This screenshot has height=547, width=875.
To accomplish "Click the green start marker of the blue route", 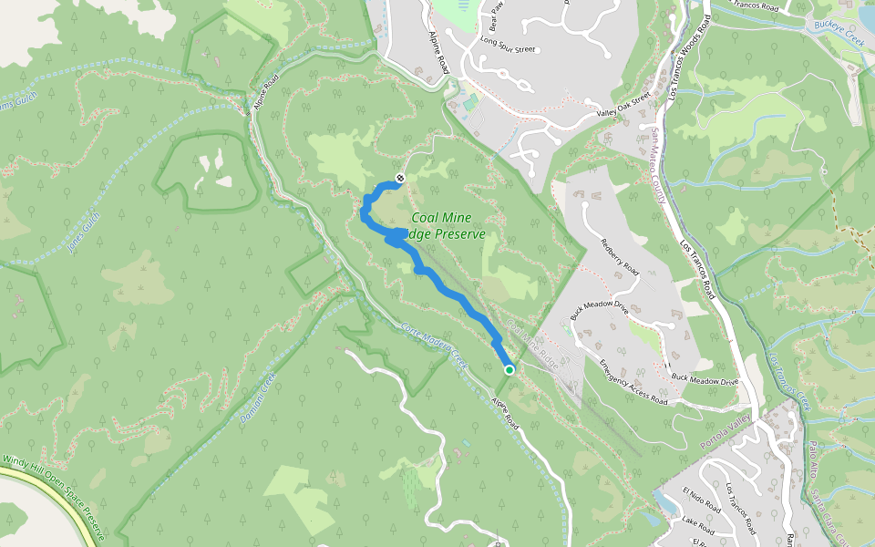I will (x=509, y=369).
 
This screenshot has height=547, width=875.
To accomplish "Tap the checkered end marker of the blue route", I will (x=400, y=176).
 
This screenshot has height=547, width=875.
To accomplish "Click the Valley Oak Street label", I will (x=624, y=105).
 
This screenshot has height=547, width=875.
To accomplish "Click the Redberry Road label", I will (x=620, y=256).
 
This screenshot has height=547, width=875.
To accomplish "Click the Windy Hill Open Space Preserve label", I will (x=55, y=497).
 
